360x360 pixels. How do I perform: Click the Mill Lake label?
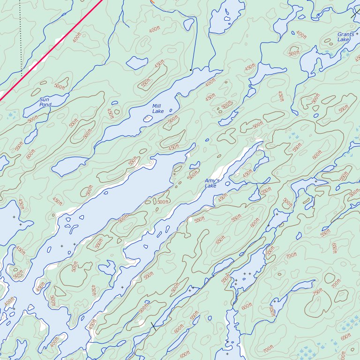tap(157, 108)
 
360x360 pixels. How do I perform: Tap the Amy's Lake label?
tap(210, 183)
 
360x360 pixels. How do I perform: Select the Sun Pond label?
tap(45, 102)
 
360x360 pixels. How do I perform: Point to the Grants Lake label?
tap(346, 37)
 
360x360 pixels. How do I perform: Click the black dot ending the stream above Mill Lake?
tap(190, 70)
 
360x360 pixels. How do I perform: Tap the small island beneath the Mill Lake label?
tap(148, 118)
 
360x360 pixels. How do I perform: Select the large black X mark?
tap(153, 327)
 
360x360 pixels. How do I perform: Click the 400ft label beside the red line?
tap(77, 37)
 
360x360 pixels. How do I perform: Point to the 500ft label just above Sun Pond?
tap(60, 86)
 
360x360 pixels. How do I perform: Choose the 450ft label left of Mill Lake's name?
tap(110, 113)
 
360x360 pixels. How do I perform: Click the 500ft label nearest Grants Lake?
tap(294, 53)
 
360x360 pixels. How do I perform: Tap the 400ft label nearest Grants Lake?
tap(301, 35)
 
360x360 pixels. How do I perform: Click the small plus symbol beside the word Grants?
tap(357, 34)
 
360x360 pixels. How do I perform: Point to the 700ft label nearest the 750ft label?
tap(336, 284)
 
